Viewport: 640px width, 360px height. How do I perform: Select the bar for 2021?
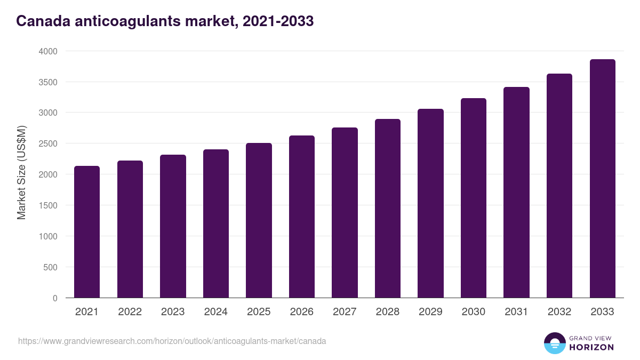[x=87, y=232]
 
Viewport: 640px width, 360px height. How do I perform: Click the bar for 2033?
[x=602, y=179]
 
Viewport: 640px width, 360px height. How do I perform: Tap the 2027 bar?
[x=345, y=213]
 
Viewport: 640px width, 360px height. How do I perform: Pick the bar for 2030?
[x=474, y=198]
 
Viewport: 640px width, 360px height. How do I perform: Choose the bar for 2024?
[x=216, y=223]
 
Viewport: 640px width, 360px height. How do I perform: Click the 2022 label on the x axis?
[x=130, y=312]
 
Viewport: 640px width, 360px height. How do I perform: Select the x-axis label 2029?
[x=430, y=312]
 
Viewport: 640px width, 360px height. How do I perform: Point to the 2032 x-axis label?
[x=559, y=312]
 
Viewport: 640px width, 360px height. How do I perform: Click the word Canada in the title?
[x=41, y=21]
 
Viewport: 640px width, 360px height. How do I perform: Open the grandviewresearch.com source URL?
[x=172, y=341]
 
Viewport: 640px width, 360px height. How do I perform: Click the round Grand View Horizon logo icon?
[x=554, y=343]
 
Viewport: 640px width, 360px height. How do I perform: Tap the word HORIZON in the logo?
[x=590, y=347]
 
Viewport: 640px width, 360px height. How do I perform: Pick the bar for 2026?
[x=302, y=217]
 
